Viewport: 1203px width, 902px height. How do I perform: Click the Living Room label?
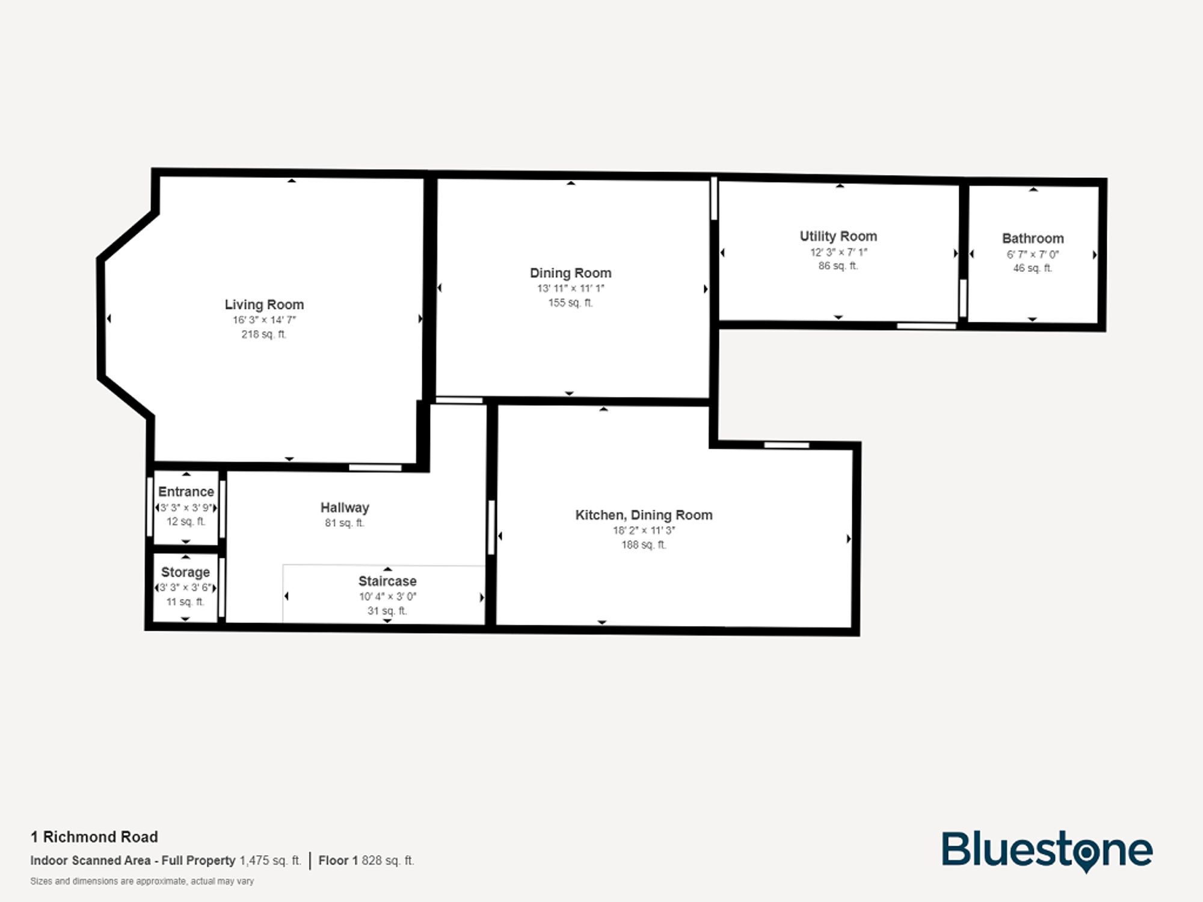(264, 305)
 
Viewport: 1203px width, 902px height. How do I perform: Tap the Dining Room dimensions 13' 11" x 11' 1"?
(570, 289)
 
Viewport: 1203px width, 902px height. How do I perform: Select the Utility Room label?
(838, 236)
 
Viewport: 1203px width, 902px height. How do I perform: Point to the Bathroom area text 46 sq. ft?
(1032, 268)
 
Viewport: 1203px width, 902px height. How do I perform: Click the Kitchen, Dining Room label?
(644, 515)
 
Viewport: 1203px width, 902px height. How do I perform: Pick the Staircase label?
(387, 581)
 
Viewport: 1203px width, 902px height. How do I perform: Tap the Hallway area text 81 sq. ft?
(344, 523)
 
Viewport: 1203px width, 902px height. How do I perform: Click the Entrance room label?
(186, 492)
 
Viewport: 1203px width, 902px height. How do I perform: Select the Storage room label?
(185, 572)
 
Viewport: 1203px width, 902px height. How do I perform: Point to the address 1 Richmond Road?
(94, 837)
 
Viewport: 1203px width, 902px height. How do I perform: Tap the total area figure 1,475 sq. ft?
(270, 861)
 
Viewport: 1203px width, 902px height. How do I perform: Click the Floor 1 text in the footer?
(338, 861)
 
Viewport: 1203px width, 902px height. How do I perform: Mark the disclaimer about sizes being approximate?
(142, 882)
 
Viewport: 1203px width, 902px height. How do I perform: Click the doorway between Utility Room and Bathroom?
(963, 298)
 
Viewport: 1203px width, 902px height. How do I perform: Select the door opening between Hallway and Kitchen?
(491, 527)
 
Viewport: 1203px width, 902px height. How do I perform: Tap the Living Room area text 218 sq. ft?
(263, 334)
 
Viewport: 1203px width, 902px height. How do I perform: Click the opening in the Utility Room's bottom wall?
(926, 326)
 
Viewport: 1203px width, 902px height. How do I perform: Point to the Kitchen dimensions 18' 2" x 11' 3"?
(644, 530)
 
